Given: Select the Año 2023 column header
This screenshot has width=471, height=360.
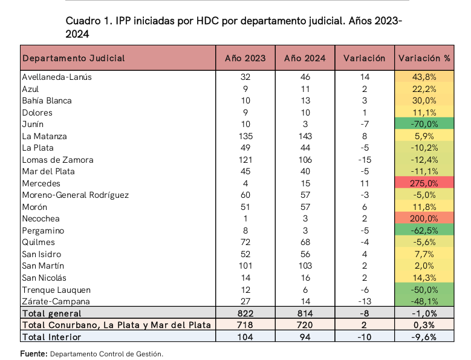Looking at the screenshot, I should pos(245,58).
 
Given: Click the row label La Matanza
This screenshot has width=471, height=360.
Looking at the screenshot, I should pos(44,136).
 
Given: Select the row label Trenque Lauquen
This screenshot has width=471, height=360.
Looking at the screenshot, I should pos(56,289).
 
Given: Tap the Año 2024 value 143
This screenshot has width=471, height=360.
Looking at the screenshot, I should pos(305,136).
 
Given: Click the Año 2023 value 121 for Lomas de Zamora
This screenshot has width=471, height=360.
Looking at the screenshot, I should pos(245,160).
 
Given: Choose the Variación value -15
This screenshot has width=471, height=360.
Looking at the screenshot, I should pos(364,160).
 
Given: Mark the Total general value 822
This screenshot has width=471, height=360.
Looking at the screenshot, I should pos(245,313).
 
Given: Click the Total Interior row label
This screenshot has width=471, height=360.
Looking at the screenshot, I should pos(51,337).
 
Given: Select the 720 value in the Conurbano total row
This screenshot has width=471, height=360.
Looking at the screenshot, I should pos(305,325).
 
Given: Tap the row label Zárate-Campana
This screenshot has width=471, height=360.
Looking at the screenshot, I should pos(56,301).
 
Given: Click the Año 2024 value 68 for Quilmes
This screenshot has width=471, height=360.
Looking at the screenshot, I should pos(305,242).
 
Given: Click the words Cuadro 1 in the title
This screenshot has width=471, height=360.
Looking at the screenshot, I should pos(87,21).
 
